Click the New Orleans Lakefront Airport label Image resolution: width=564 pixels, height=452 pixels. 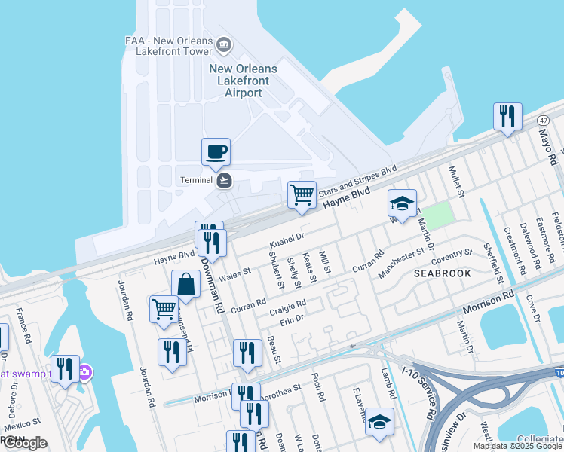coord(243,81)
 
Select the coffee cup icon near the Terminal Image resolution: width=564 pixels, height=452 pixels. coord(216,151)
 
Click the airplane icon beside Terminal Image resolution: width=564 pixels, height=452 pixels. coord(224,180)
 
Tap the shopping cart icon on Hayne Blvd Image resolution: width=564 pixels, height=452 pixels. coord(302,194)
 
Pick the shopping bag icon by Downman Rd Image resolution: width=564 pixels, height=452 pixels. coord(185,284)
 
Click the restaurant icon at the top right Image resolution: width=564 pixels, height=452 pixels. coord(507,116)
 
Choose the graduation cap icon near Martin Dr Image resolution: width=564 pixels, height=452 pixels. coord(402,203)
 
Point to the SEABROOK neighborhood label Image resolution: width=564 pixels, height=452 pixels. coord(443,274)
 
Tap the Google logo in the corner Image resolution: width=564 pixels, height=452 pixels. coord(26,443)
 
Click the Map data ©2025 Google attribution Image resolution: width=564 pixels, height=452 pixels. coord(517,446)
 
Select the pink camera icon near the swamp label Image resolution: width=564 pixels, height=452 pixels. coord(85,372)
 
